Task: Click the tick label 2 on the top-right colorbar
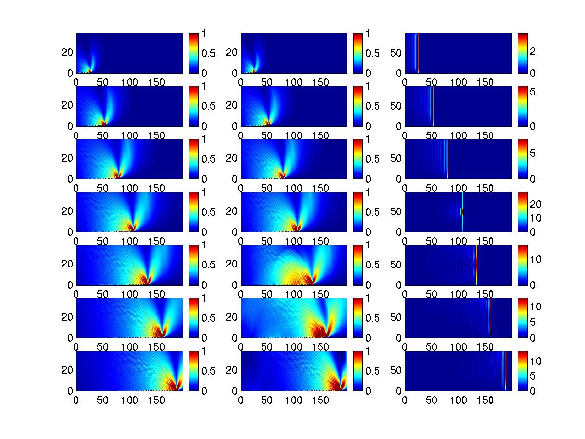click(x=533, y=52)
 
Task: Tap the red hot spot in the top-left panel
click(x=89, y=71)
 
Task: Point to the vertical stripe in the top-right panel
click(x=418, y=53)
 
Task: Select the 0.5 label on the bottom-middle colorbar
click(x=366, y=371)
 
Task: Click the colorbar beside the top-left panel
click(x=193, y=53)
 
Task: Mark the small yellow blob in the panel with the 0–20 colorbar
click(x=461, y=211)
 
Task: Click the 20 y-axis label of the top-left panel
click(x=67, y=52)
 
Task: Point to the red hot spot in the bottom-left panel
click(x=172, y=385)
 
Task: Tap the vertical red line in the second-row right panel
click(x=433, y=106)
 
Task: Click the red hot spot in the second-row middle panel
click(x=266, y=123)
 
